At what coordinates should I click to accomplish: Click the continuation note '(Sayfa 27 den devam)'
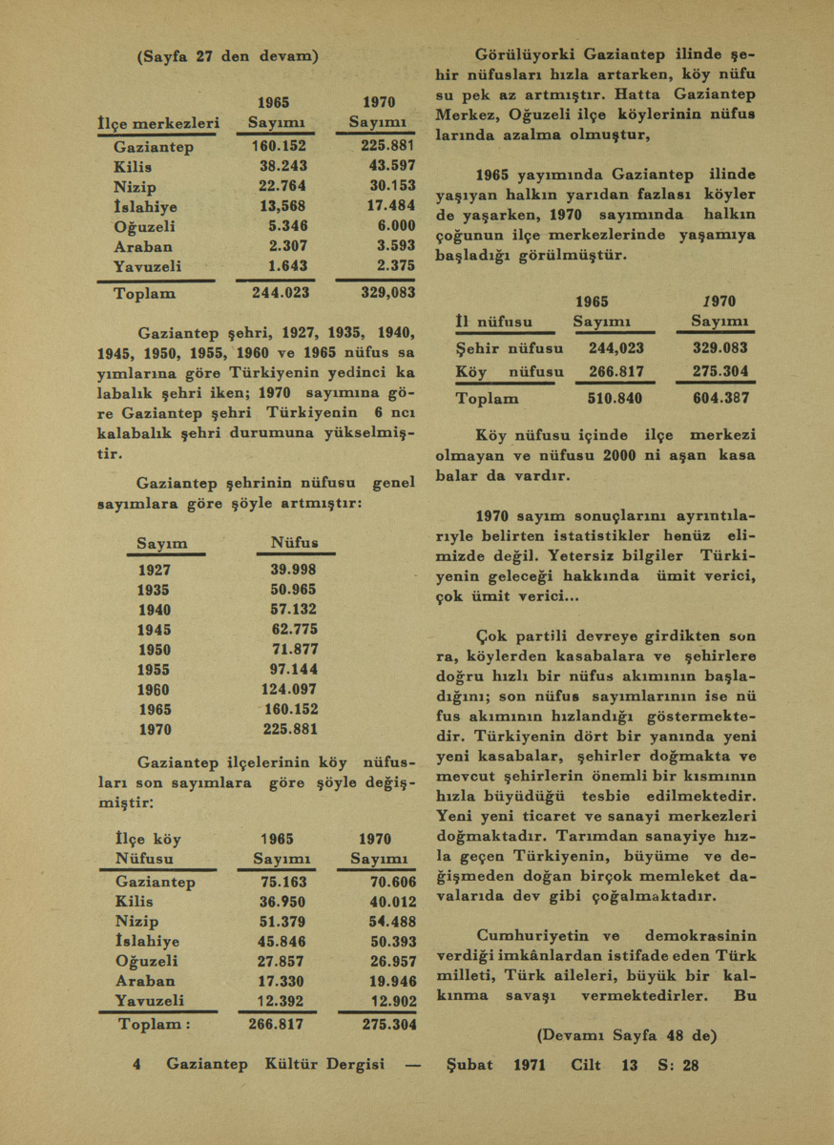point(228,56)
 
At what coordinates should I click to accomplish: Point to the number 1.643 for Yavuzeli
point(287,266)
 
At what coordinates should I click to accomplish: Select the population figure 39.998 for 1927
point(293,570)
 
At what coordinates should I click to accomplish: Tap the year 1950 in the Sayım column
point(155,650)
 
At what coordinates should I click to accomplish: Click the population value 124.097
point(288,690)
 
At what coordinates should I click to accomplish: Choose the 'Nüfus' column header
point(295,543)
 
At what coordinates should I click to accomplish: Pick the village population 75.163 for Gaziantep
point(283,883)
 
